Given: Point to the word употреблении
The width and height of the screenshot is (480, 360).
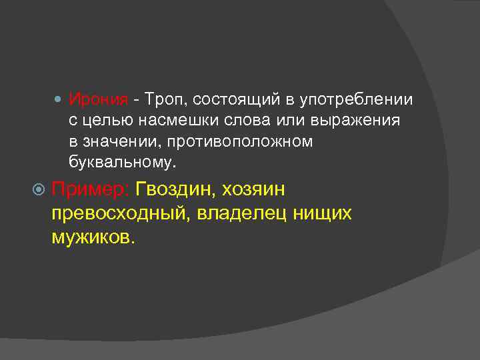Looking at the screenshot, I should click(x=357, y=101).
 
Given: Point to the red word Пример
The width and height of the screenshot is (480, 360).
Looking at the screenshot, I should click(x=91, y=190).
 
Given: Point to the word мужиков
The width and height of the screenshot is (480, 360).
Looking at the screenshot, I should click(x=93, y=238).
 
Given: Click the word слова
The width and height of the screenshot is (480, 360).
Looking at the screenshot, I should click(x=246, y=121).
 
